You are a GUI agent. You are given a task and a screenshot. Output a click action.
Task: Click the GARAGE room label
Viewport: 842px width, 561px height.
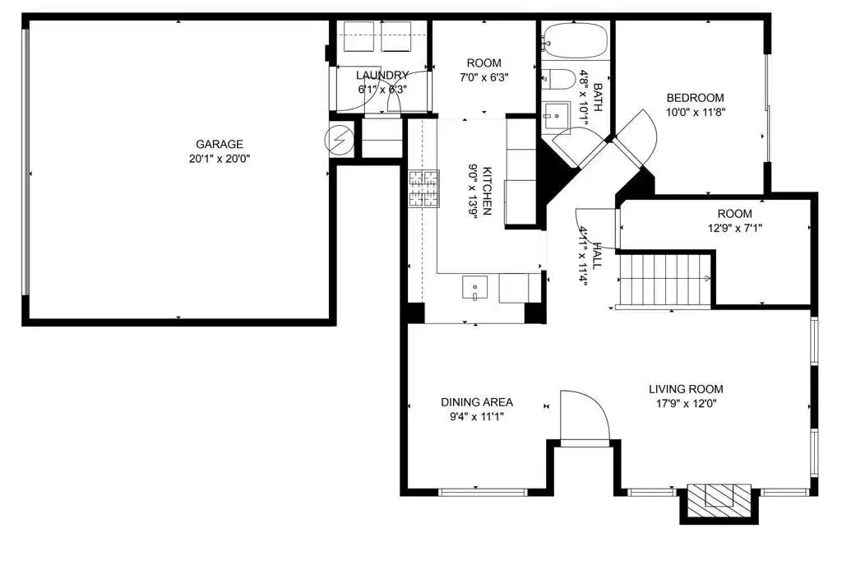coord(219,144)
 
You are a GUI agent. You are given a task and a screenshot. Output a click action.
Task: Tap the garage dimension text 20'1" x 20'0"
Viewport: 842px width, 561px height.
coord(220,159)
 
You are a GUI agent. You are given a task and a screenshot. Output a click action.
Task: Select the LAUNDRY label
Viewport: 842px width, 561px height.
coord(382,75)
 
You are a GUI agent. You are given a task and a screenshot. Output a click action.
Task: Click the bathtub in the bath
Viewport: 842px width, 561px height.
coord(575,40)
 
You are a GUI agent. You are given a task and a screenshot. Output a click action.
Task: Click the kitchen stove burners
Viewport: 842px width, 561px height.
coord(424,188)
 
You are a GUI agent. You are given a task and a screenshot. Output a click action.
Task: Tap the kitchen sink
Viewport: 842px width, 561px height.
coord(474,287)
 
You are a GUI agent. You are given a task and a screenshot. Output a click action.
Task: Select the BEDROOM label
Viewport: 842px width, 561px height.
coord(695,98)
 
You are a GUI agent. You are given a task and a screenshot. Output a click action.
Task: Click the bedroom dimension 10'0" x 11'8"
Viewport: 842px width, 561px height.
coord(696,113)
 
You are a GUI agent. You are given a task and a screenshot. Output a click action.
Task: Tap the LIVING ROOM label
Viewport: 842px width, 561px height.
coord(686,389)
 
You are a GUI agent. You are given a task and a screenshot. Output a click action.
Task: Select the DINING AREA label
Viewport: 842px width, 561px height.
coord(477,402)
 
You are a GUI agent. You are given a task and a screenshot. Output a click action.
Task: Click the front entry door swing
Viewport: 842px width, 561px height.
coord(585,417)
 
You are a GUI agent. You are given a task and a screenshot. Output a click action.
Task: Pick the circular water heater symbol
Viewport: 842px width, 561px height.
coord(340,140)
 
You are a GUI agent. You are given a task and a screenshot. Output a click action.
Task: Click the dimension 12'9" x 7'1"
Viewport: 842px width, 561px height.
coord(734,228)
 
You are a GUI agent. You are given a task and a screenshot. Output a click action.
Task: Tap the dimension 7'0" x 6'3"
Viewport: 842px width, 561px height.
coord(483,77)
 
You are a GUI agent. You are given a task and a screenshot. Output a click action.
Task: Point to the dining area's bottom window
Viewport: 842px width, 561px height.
coord(483,492)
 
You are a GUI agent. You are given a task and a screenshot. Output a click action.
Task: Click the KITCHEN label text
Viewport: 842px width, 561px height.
coord(487,191)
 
